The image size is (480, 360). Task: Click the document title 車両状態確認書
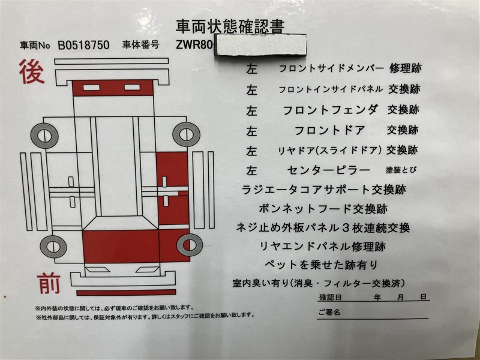point(230,26)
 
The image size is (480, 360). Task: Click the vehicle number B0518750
point(83,46)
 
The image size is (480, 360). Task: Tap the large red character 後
point(32,71)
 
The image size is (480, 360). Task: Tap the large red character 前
point(49,283)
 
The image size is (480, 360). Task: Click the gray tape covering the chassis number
point(260,45)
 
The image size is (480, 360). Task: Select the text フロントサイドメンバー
point(331,68)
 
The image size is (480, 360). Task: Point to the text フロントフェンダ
point(330,110)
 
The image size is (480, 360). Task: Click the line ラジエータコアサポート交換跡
point(324,190)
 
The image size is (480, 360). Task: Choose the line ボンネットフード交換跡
point(323,209)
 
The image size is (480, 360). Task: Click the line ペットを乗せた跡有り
point(321,265)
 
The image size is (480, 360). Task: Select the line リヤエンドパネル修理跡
point(322,247)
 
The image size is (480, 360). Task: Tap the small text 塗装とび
point(401,170)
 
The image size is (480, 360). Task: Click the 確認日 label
point(330,297)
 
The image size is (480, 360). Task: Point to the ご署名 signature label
point(329,312)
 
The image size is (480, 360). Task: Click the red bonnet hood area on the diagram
point(121,247)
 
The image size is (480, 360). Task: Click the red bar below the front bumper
point(126,292)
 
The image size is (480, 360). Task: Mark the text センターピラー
point(328,170)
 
